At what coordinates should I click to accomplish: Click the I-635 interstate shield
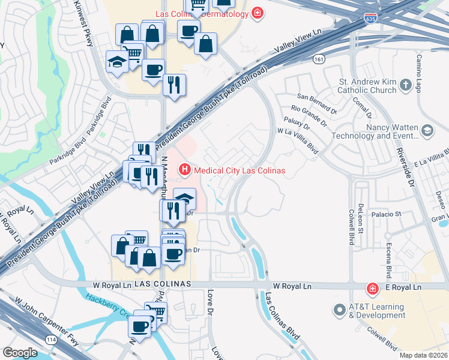(x=371, y=19)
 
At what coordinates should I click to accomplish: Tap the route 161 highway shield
(x=319, y=59)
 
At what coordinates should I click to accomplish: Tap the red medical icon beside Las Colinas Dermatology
(x=258, y=13)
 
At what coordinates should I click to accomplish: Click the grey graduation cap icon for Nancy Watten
(x=427, y=130)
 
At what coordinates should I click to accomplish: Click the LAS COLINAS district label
(x=163, y=283)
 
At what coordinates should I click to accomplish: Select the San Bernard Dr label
(x=318, y=103)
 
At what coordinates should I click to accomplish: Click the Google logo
(x=20, y=352)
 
